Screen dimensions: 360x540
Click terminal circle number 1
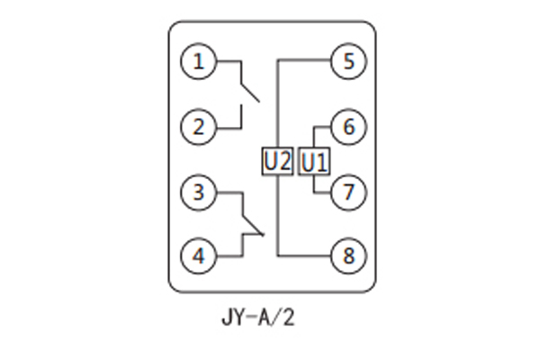(199, 62)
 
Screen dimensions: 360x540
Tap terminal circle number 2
(199, 126)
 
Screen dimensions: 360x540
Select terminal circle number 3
(199, 192)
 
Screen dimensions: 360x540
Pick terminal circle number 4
(199, 256)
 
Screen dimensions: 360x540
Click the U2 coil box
(278, 162)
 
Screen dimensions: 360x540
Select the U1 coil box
(314, 163)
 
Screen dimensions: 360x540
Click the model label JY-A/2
(256, 318)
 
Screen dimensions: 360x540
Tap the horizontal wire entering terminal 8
(306, 256)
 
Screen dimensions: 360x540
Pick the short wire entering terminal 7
(322, 192)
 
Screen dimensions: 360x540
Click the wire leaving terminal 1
(228, 62)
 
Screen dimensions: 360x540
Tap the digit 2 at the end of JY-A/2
(288, 318)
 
